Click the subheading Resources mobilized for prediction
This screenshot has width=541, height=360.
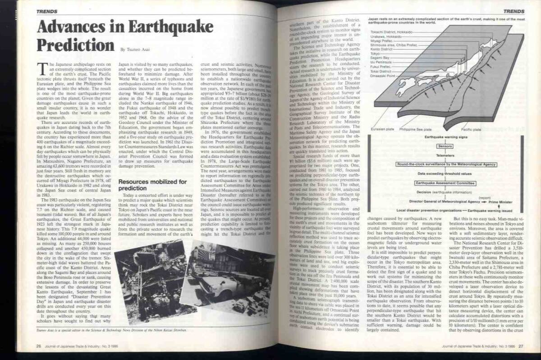[x=152, y=185]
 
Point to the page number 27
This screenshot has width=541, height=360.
[x=520, y=346]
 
